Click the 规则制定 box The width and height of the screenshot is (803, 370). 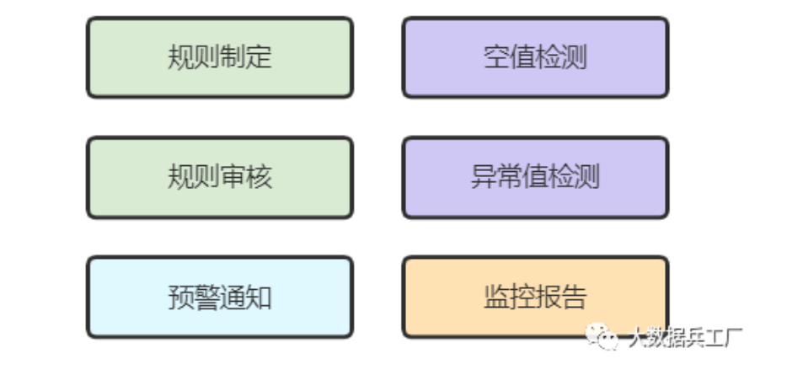point(219,57)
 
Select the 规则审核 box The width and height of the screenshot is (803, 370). point(219,177)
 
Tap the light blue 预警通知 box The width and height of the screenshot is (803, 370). point(219,297)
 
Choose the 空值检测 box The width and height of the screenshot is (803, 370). point(535,57)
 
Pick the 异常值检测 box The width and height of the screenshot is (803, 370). point(535,177)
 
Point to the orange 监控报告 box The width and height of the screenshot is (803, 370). point(535,297)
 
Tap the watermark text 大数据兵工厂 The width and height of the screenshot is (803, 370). point(684,338)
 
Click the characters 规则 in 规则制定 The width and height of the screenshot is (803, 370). point(194,57)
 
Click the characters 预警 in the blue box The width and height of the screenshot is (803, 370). point(194,297)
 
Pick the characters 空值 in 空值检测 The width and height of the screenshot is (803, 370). point(509,57)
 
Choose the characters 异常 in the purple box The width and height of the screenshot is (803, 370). point(496,177)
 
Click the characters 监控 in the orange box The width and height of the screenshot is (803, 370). point(509,297)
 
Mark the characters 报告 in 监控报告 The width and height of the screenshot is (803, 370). point(561,297)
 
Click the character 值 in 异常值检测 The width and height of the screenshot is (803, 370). point(535,177)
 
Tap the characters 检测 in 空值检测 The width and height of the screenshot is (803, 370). point(561,57)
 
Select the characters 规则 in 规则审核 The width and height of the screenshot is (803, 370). point(194,177)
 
